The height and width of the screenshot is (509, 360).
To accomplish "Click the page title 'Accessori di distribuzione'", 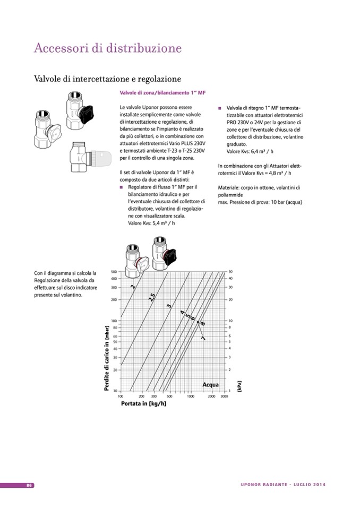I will [x=108, y=48].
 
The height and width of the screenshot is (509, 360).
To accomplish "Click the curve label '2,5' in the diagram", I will [x=152, y=297].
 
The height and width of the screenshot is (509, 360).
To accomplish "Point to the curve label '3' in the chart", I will [x=168, y=306].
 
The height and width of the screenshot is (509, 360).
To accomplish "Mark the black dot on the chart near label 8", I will [x=197, y=322].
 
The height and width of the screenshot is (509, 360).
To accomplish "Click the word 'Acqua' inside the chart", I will [x=211, y=384].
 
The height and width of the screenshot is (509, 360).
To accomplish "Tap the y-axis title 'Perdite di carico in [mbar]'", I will [x=106, y=359].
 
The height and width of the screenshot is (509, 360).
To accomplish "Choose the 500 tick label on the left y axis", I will [x=114, y=272].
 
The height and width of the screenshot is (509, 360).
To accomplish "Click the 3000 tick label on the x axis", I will [x=224, y=396].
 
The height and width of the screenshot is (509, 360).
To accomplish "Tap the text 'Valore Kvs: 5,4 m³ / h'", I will [x=151, y=223].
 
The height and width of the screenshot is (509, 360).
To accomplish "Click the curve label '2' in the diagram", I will [x=132, y=287].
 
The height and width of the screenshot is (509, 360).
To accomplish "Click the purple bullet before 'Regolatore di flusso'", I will [x=122, y=187].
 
